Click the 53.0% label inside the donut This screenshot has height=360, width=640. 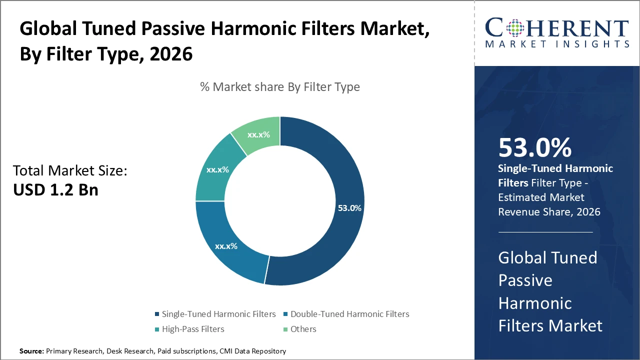click(x=349, y=208)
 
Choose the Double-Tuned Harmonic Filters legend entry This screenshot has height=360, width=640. click(x=349, y=314)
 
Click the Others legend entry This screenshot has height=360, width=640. click(x=303, y=329)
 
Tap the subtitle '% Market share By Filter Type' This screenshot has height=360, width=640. click(x=280, y=87)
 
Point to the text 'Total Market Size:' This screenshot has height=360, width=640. click(x=70, y=171)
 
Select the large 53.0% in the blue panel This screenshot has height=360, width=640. click(x=535, y=148)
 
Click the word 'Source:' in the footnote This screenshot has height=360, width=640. click(x=32, y=351)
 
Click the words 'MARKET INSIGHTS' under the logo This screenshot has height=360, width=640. click(x=556, y=44)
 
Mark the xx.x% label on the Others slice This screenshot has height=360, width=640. click(x=258, y=134)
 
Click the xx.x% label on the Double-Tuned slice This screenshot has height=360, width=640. click(x=226, y=246)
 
